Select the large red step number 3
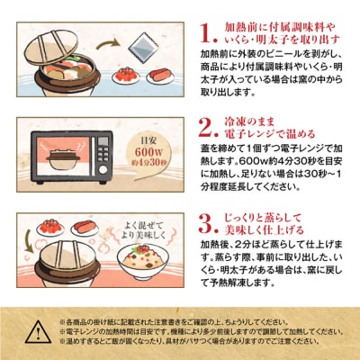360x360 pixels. pos(208,221)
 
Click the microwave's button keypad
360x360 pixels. pos(100,155)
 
